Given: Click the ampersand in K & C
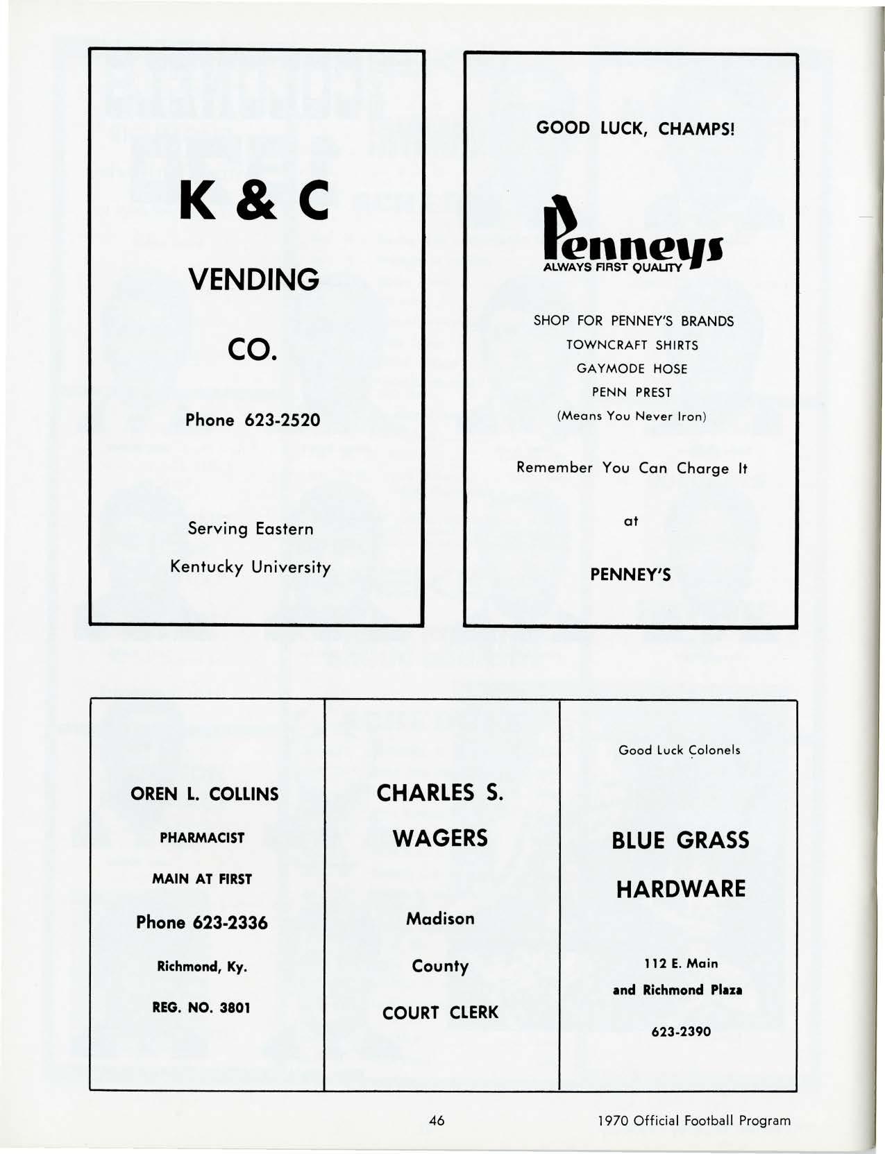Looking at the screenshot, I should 253,200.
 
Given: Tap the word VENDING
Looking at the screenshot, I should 254,280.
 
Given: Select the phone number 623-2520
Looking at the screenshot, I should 282,421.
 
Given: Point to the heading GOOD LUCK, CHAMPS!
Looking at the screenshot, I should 635,129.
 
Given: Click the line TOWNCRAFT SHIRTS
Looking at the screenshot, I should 632,345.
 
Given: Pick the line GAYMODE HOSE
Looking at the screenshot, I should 632,368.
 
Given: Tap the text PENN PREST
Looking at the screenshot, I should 632,392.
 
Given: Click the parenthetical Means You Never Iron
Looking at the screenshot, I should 632,416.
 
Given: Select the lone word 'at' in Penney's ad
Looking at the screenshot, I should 631,520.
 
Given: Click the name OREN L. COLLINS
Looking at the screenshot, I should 205,795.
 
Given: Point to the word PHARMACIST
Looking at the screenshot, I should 202,838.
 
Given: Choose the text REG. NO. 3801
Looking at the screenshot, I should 201,1007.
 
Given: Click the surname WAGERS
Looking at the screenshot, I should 441,838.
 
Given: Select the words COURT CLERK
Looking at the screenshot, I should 441,1012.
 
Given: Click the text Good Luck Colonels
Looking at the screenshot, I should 680,750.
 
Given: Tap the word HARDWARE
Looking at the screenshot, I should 681,889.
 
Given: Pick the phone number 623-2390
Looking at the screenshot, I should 681,1032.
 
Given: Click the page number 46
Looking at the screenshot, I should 437,1120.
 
